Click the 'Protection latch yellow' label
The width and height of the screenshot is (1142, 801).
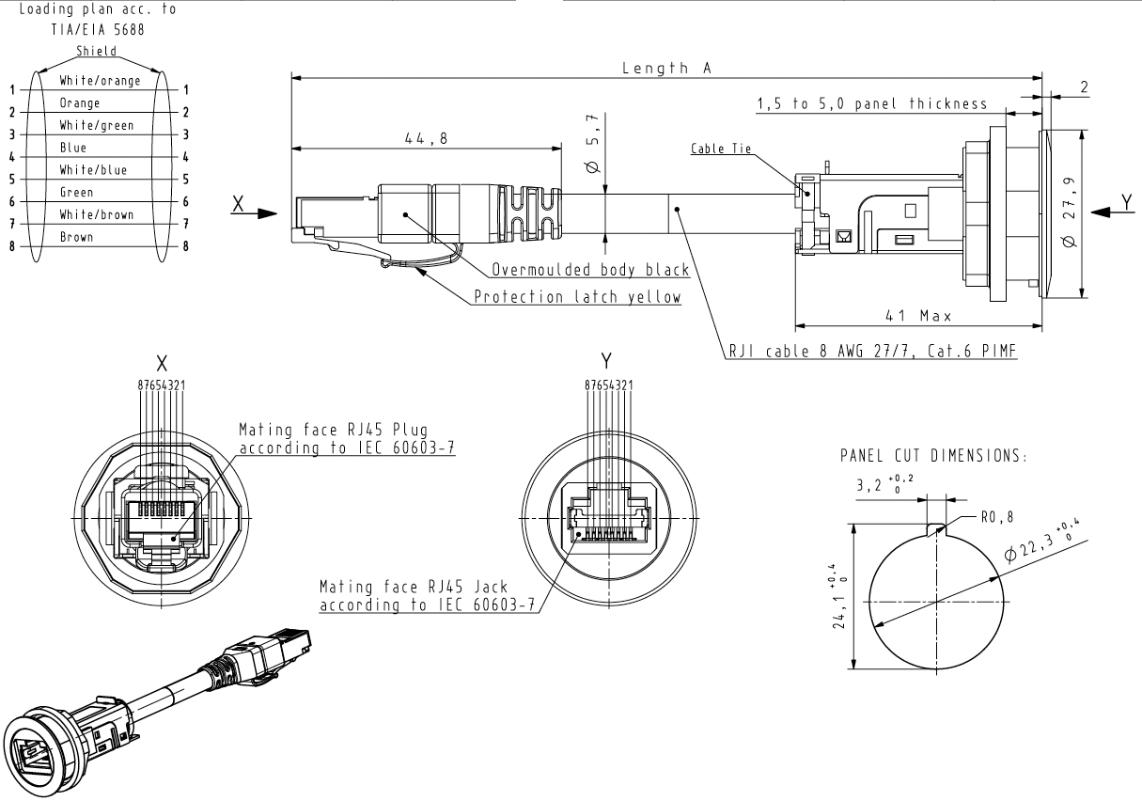point(577,297)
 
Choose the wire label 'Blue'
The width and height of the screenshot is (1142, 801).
point(73,148)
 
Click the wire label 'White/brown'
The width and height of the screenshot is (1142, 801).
point(96,214)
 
